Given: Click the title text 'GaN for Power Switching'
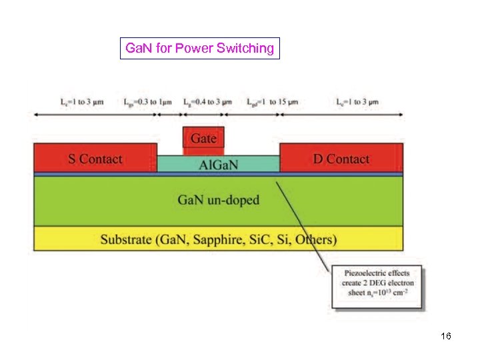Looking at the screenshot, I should point(199,48).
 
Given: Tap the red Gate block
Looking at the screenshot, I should point(204,138).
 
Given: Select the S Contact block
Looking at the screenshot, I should point(95,159).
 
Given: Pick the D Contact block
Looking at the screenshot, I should point(341,159).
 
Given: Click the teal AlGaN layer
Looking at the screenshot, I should point(219,164).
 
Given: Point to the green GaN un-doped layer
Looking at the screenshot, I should point(218,200).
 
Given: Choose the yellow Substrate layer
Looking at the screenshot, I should point(218,239).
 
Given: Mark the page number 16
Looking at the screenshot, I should point(446,336).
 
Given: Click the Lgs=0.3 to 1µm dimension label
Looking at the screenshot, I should point(150,101).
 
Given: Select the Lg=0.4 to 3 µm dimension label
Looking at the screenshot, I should point(208,101).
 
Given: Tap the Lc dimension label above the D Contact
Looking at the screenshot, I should point(357,101).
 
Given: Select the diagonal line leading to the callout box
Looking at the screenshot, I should point(303,220).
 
